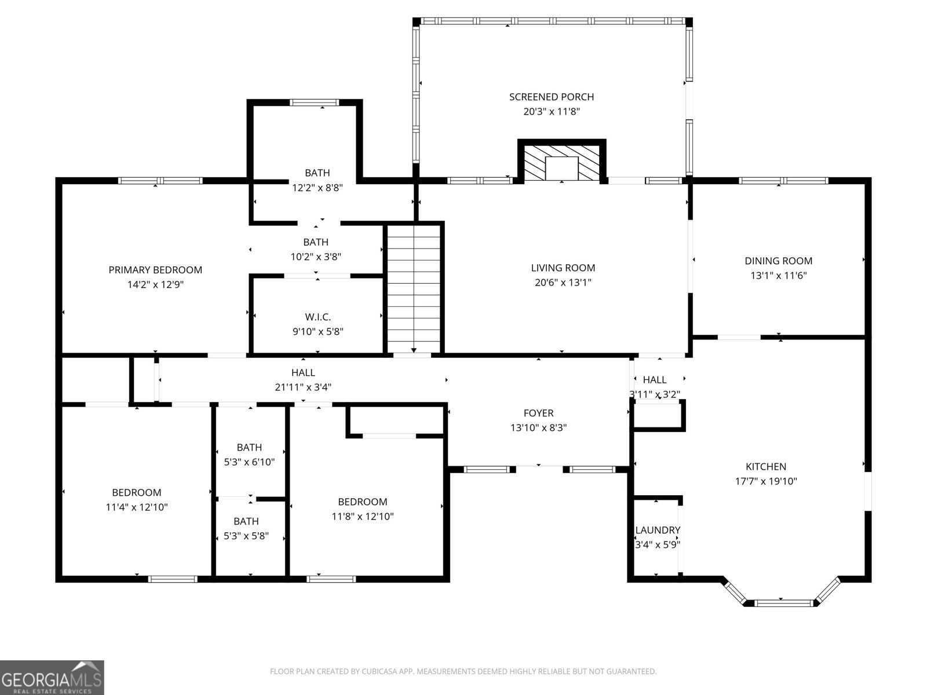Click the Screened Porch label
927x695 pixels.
click(x=551, y=97)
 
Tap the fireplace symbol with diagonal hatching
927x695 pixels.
click(x=561, y=162)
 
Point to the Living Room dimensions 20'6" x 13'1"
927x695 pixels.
click(x=563, y=283)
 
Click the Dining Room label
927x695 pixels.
click(x=778, y=261)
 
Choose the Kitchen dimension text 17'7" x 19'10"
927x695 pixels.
click(x=765, y=481)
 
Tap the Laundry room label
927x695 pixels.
click(x=657, y=530)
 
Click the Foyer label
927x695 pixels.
click(x=538, y=413)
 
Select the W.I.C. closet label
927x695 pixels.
click(x=318, y=317)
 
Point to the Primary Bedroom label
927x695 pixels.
click(x=155, y=270)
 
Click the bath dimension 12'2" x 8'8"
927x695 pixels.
click(x=317, y=188)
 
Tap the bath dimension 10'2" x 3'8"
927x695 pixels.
click(x=316, y=257)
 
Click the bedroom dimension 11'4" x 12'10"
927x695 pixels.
click(x=137, y=507)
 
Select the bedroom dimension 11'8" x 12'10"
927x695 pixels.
click(x=363, y=517)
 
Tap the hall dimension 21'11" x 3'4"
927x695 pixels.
click(x=303, y=387)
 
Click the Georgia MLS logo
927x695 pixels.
click(x=52, y=677)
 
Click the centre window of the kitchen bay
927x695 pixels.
click(x=780, y=603)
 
